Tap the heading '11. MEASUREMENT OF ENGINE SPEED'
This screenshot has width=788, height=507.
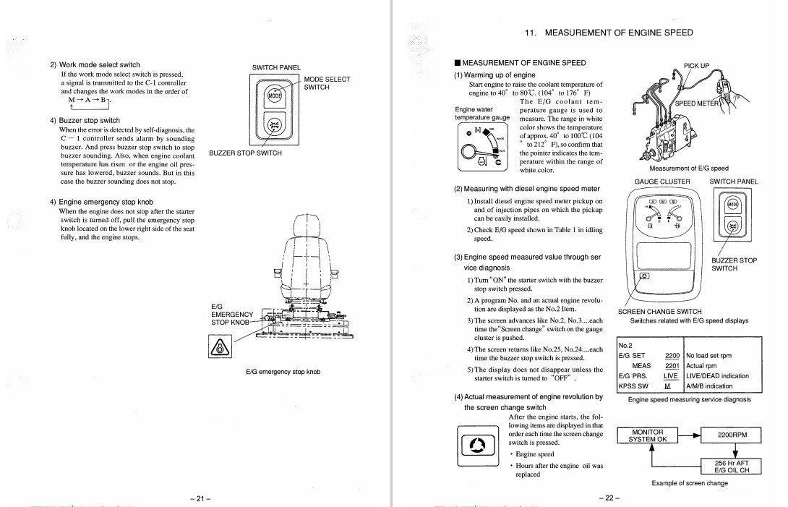click(x=608, y=33)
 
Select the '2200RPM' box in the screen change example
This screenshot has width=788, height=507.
click(x=732, y=436)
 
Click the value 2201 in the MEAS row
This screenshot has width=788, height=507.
click(x=672, y=366)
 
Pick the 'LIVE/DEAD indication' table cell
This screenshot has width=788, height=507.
click(x=717, y=376)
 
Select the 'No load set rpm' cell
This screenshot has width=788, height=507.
click(x=708, y=356)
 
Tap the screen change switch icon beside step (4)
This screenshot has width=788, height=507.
click(x=476, y=443)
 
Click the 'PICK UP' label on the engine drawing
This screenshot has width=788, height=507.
click(x=697, y=66)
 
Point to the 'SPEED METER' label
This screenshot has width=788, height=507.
click(x=698, y=103)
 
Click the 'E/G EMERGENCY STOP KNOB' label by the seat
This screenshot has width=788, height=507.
click(x=231, y=315)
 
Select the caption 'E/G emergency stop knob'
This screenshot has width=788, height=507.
click(x=283, y=372)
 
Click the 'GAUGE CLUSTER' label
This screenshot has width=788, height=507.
click(x=662, y=182)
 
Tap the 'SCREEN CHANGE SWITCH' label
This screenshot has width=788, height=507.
click(x=659, y=312)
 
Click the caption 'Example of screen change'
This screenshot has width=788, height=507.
click(x=690, y=483)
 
